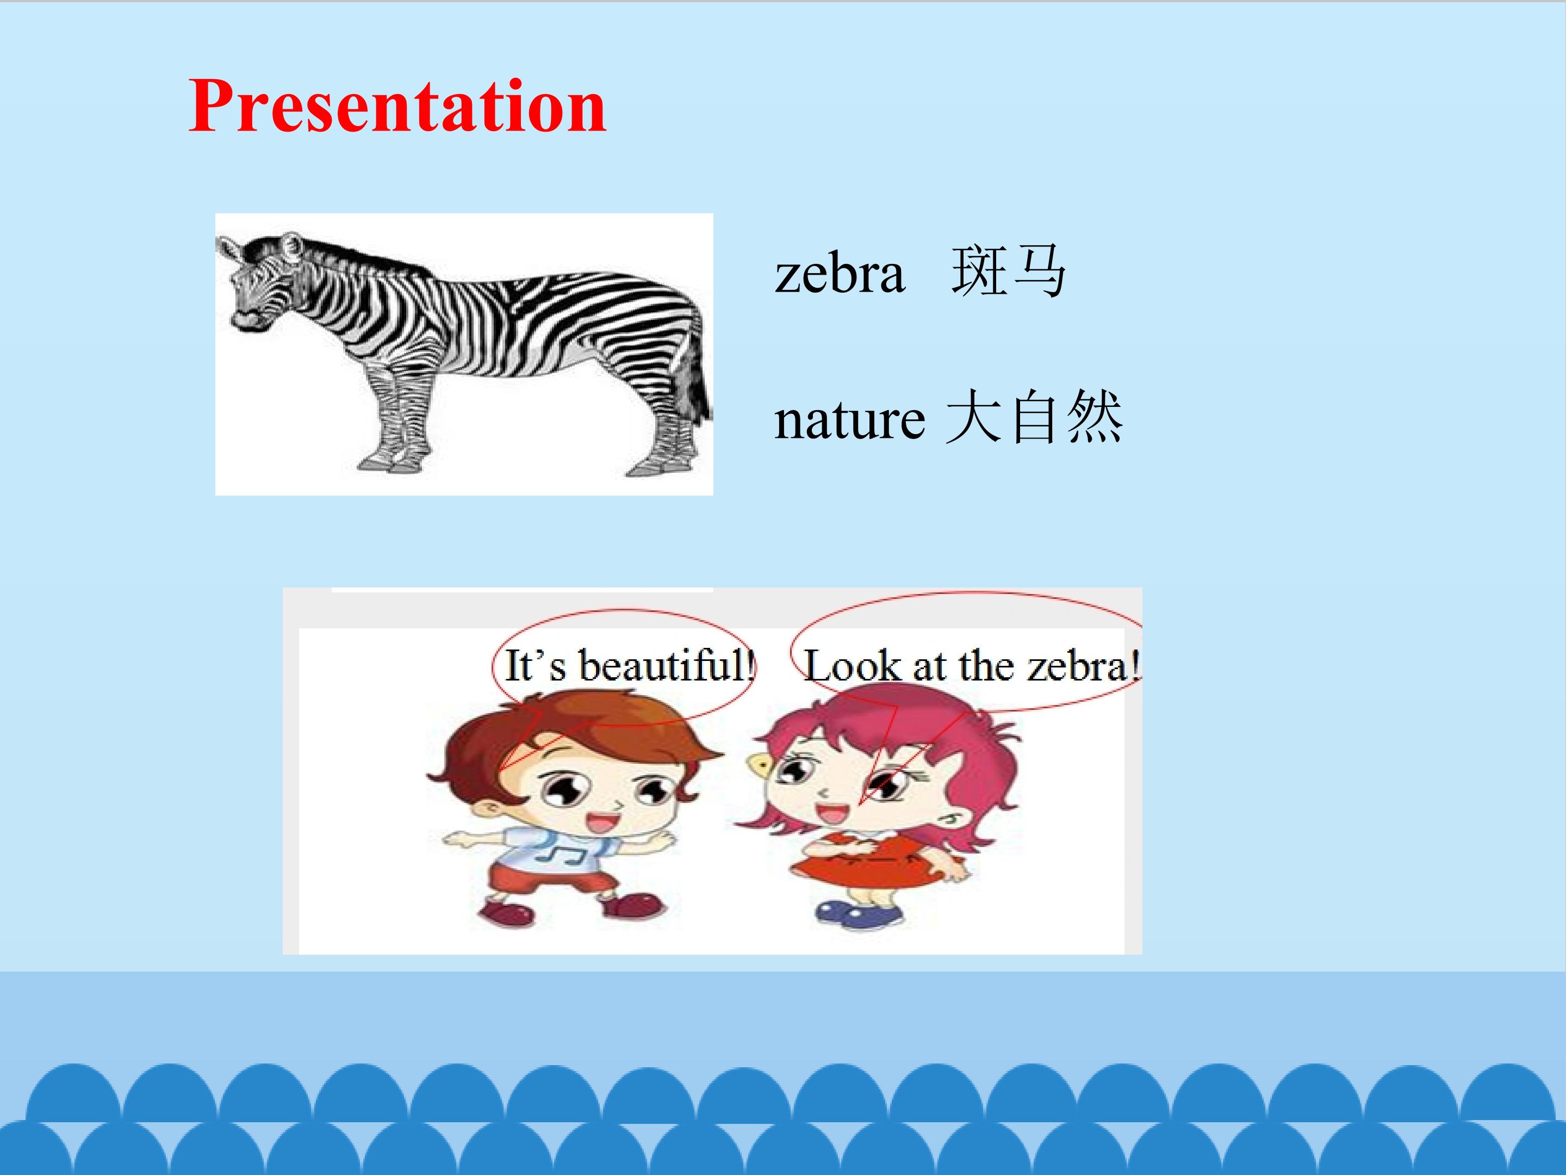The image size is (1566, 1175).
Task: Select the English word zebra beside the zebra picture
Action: coord(840,274)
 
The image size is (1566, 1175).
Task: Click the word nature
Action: coord(849,420)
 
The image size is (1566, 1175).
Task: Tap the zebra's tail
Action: coord(694,375)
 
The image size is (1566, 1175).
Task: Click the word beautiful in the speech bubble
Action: coord(666,666)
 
